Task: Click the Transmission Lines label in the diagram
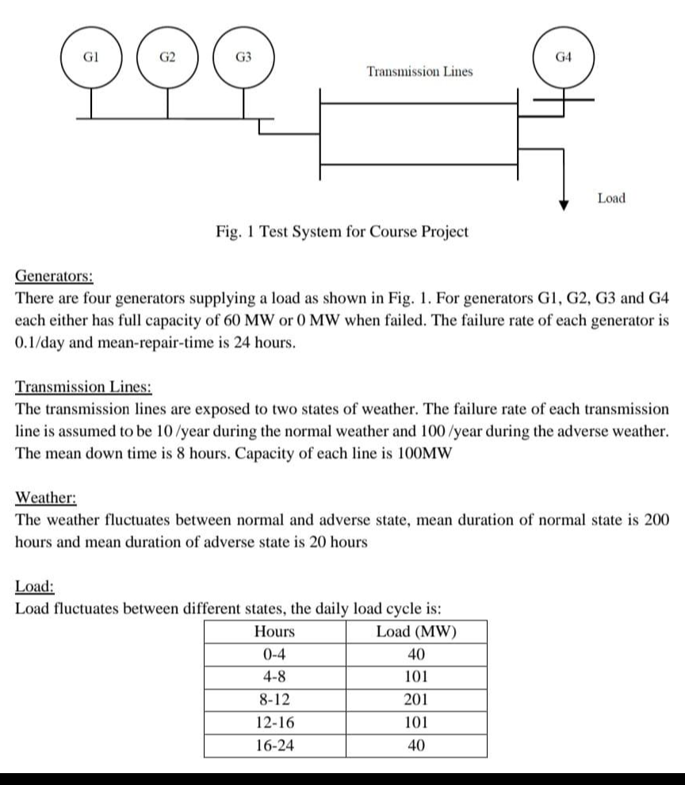tap(419, 71)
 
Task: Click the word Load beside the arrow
tap(610, 198)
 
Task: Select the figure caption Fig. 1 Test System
tap(342, 231)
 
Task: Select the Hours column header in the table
tap(274, 632)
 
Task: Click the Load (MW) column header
tap(417, 632)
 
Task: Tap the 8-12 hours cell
tap(274, 699)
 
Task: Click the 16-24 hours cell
tap(274, 745)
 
